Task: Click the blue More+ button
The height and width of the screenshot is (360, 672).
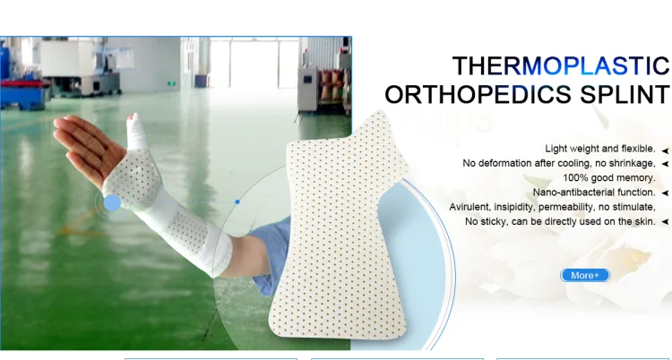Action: coord(585,275)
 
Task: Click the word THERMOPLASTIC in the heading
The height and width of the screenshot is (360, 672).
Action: coord(561,66)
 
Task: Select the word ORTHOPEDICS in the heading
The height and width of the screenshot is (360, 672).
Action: coord(478,94)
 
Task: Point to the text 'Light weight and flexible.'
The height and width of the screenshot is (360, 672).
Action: coord(600,149)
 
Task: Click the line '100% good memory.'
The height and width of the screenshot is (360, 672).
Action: coord(609,177)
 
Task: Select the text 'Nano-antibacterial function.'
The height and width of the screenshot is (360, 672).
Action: coord(594,193)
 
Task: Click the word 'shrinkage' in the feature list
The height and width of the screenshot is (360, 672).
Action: coord(633,163)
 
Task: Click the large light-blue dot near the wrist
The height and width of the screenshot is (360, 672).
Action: coord(112,202)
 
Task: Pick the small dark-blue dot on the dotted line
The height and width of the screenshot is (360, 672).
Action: coord(237,201)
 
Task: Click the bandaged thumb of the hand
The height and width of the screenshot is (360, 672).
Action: coord(136,132)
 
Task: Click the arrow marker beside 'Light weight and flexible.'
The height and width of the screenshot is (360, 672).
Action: coord(665,150)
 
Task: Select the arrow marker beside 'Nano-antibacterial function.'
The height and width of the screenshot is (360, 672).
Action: coord(665,193)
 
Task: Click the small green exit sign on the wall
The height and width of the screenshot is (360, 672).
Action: coord(171,82)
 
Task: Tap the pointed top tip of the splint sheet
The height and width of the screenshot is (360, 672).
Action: coord(378,112)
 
